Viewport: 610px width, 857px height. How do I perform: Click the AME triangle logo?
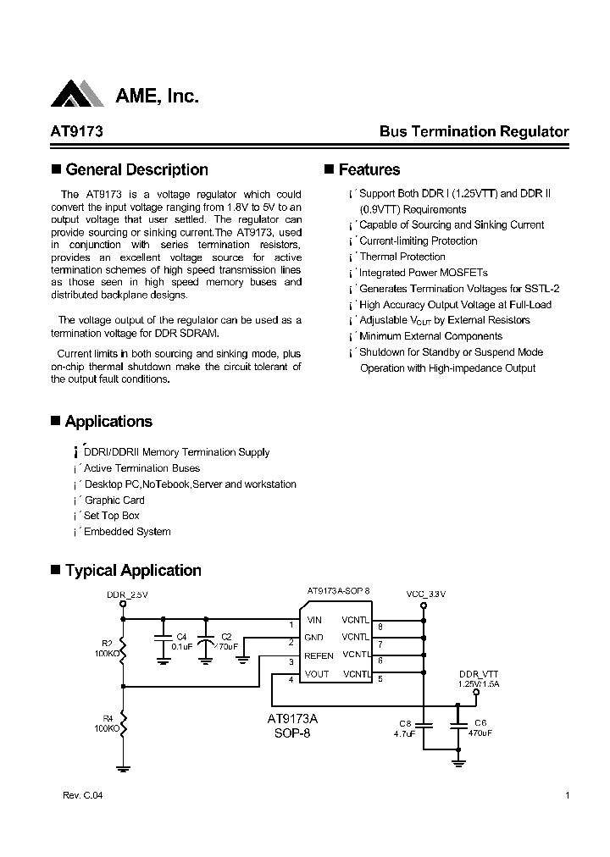(x=78, y=95)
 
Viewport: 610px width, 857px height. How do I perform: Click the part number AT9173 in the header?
(x=77, y=132)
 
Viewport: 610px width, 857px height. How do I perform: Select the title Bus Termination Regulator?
(x=474, y=132)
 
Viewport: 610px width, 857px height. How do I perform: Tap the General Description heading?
(x=136, y=169)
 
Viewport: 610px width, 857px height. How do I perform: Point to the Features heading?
(x=369, y=169)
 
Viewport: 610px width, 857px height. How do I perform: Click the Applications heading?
(x=108, y=422)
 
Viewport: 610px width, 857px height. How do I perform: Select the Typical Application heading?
(x=133, y=571)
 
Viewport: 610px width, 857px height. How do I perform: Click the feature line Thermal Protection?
(x=402, y=257)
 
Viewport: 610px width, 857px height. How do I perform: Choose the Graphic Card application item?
(x=114, y=500)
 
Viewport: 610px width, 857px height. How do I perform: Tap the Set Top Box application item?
(x=112, y=516)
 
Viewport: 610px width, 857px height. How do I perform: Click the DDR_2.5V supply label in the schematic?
(x=127, y=594)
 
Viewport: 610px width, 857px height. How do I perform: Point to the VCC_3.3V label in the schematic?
(x=425, y=594)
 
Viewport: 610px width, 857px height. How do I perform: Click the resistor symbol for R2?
(x=125, y=649)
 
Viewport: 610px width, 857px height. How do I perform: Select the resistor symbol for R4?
(x=125, y=723)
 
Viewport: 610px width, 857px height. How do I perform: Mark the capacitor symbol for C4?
(x=164, y=644)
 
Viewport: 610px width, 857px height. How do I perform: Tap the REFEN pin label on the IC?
(x=319, y=655)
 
